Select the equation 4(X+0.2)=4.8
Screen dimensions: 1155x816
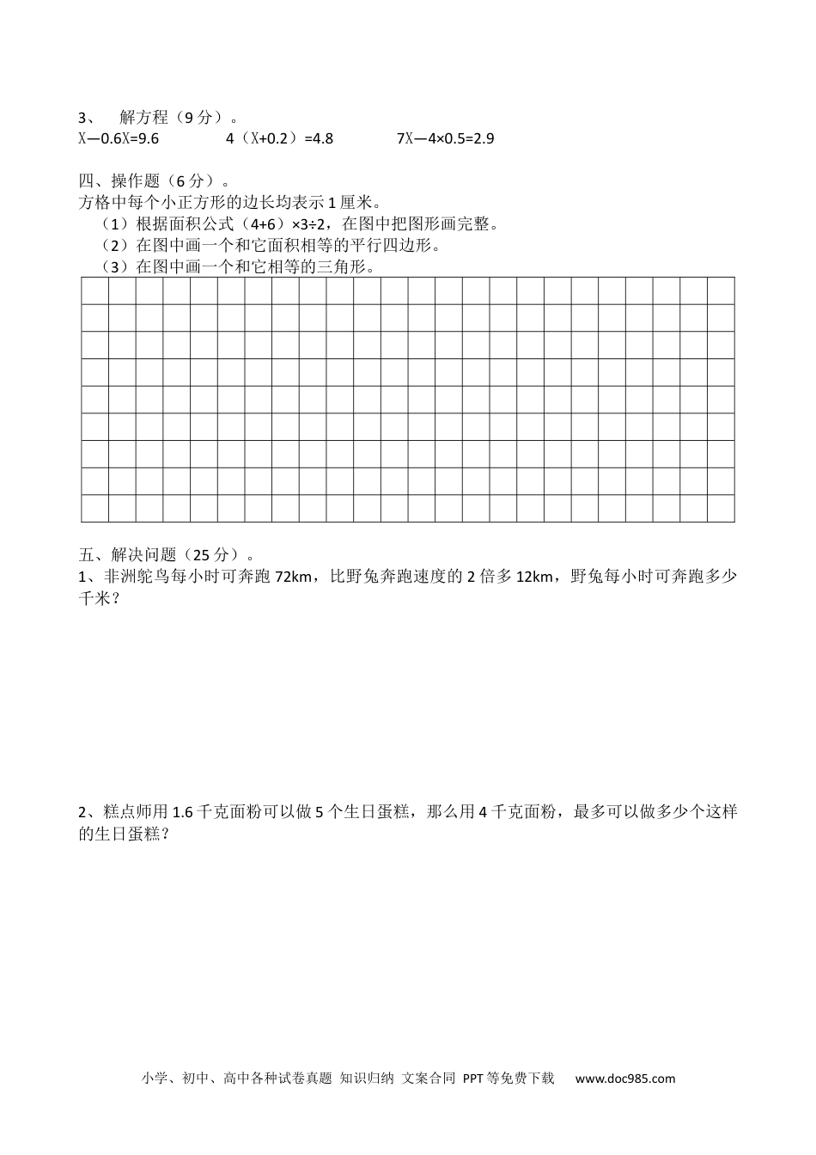point(279,137)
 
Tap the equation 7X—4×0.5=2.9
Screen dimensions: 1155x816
point(445,137)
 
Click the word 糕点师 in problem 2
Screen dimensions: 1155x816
point(125,812)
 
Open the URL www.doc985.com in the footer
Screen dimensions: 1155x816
point(624,1079)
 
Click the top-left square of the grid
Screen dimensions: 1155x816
point(94,291)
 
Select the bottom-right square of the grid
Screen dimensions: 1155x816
point(721,508)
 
